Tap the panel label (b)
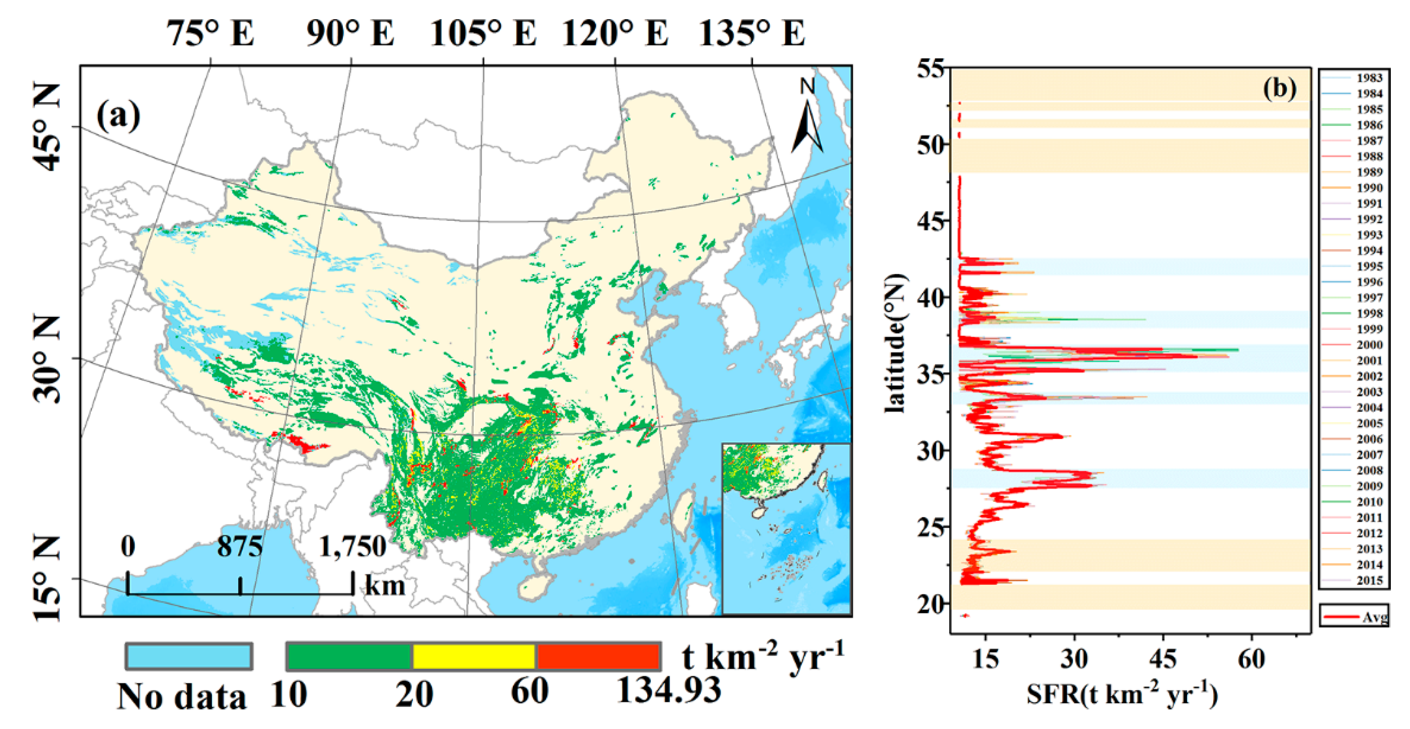click(1280, 88)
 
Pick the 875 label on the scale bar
click(240, 546)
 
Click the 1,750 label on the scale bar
click(352, 546)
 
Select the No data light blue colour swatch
click(189, 656)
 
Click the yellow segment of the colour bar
click(474, 656)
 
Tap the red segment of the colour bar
click(598, 656)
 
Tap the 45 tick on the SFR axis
click(1163, 659)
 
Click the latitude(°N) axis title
click(895, 343)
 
